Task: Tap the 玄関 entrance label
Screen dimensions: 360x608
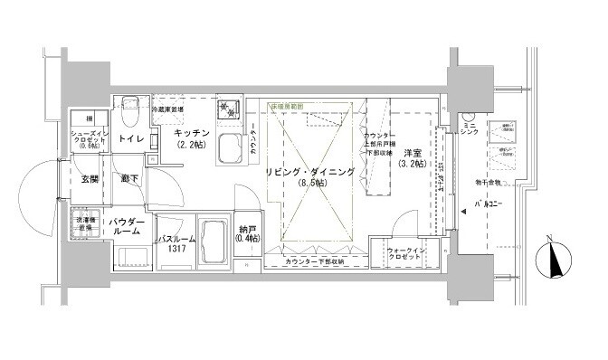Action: pos(90,179)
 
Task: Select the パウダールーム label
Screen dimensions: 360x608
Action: pos(127,226)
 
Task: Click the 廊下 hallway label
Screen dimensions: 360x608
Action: pos(129,179)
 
